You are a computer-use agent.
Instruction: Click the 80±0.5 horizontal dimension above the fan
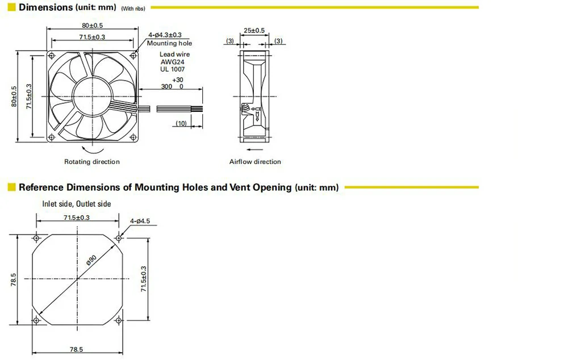pyautogui.click(x=93, y=26)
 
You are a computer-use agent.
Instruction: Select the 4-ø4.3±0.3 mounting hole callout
pyautogui.click(x=165, y=35)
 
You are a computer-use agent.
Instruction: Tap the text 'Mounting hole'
pyautogui.click(x=169, y=43)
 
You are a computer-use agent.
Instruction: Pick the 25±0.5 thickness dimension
pyautogui.click(x=254, y=30)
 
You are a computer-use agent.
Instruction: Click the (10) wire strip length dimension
pyautogui.click(x=182, y=124)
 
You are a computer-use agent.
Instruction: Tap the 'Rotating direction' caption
pyautogui.click(x=92, y=162)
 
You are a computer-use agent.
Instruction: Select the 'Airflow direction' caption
pyautogui.click(x=255, y=162)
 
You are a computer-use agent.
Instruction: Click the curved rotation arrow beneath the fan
pyautogui.click(x=92, y=149)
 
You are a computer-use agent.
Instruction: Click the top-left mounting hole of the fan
pyautogui.click(x=52, y=55)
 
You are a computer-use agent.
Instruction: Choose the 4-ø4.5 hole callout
pyautogui.click(x=140, y=221)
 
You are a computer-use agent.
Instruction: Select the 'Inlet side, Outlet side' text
pyautogui.click(x=77, y=203)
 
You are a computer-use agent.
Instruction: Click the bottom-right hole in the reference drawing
pyautogui.click(x=119, y=321)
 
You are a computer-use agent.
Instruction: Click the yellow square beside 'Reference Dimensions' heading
pyautogui.click(x=11, y=187)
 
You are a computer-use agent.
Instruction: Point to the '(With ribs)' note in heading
pyautogui.click(x=133, y=9)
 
